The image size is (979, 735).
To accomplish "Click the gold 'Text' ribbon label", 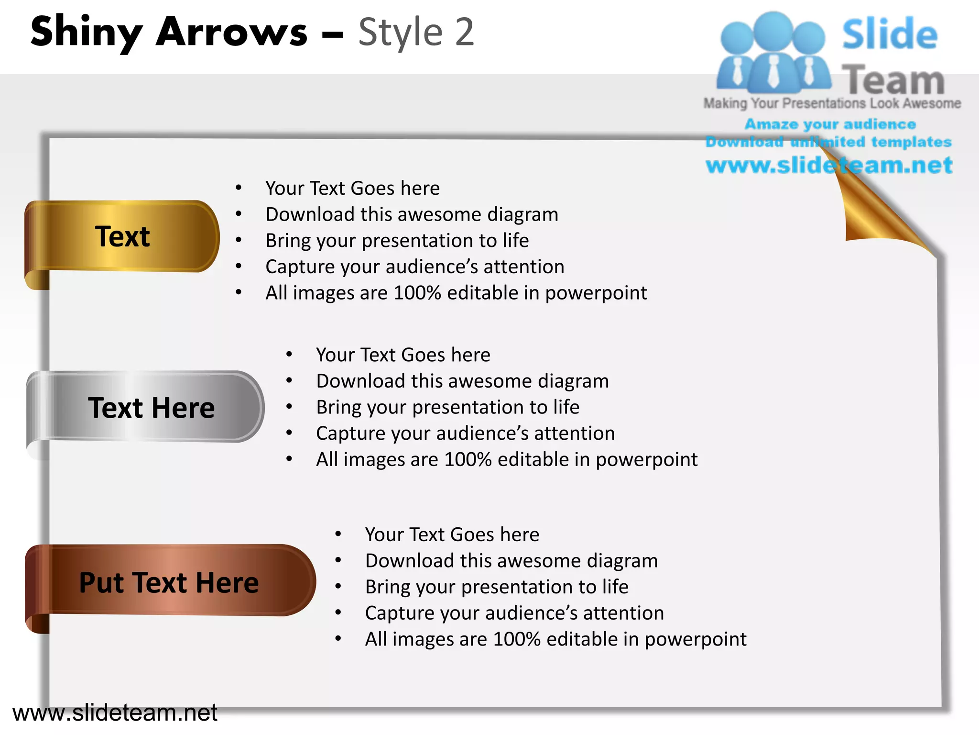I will pos(122,236).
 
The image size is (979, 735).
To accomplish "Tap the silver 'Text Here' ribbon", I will pos(151,408).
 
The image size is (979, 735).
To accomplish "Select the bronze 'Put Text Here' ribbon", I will pos(169,582).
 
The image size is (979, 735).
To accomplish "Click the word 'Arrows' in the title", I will pos(232,32).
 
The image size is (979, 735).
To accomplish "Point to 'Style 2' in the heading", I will pos(416,32).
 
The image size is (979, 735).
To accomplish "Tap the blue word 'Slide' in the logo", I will pos(890,34).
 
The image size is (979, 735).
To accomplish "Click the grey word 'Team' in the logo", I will pos(893,80).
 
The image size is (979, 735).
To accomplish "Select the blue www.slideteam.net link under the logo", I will pos(829,165).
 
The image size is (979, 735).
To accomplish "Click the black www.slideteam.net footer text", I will pos(115,713).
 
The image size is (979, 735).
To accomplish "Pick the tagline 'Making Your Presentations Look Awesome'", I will pos(832,103).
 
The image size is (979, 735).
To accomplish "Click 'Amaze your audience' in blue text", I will pos(830,124).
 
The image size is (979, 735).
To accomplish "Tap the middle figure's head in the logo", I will pos(773,30).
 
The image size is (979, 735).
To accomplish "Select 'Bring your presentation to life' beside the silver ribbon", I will pos(447,407).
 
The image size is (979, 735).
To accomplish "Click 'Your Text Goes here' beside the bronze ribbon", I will pos(452,535).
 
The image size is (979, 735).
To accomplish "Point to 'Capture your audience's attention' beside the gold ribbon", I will pos(414,267).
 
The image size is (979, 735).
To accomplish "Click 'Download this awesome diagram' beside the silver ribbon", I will pos(462,381).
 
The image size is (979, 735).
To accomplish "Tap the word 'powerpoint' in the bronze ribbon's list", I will pos(695,639).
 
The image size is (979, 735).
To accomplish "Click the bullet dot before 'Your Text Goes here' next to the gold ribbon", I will pos(239,188).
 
